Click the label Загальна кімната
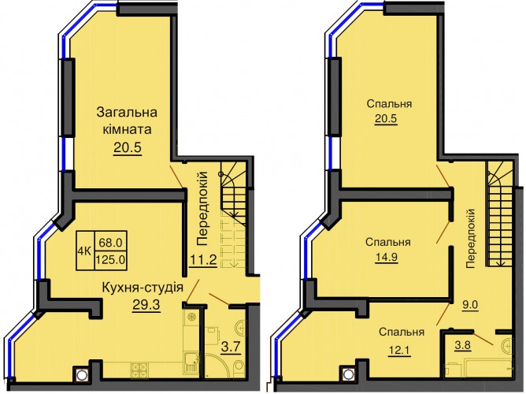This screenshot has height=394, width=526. tap(127, 121)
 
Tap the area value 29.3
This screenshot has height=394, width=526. tap(146, 305)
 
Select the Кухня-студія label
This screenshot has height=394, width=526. tap(143, 288)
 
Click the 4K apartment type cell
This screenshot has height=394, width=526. tap(85, 251)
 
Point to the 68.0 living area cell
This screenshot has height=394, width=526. tap(111, 242)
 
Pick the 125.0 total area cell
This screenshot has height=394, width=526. tap(111, 260)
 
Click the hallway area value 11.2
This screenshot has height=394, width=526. tap(204, 259)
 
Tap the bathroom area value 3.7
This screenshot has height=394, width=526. tap(231, 346)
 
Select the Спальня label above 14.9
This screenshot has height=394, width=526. tap(388, 242)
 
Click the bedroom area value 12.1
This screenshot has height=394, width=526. tap(399, 351)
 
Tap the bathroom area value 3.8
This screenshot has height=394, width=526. tap(462, 345)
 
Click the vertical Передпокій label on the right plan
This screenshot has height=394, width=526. tap(471, 238)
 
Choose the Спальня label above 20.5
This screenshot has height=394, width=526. tap(389, 104)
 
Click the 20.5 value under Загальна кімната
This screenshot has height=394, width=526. tap(128, 147)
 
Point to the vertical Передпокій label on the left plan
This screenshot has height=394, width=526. tap(202, 208)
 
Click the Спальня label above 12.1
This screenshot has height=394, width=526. tap(402, 333)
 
